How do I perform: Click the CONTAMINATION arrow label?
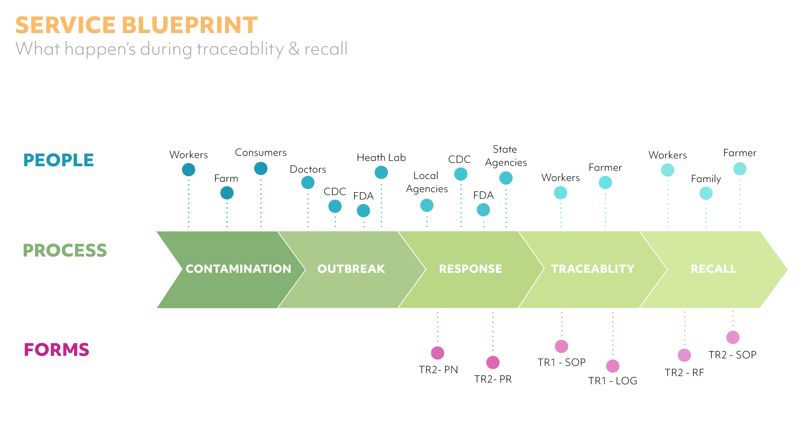point(238,269)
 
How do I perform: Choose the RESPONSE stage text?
point(471,269)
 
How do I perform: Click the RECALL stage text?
point(714,269)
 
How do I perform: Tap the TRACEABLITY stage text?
point(593,269)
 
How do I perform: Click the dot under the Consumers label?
point(261,168)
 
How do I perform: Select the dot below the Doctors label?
point(308,182)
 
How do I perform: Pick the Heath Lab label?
point(381,157)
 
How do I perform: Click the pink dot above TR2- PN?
point(438,353)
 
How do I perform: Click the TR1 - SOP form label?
point(561,362)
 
